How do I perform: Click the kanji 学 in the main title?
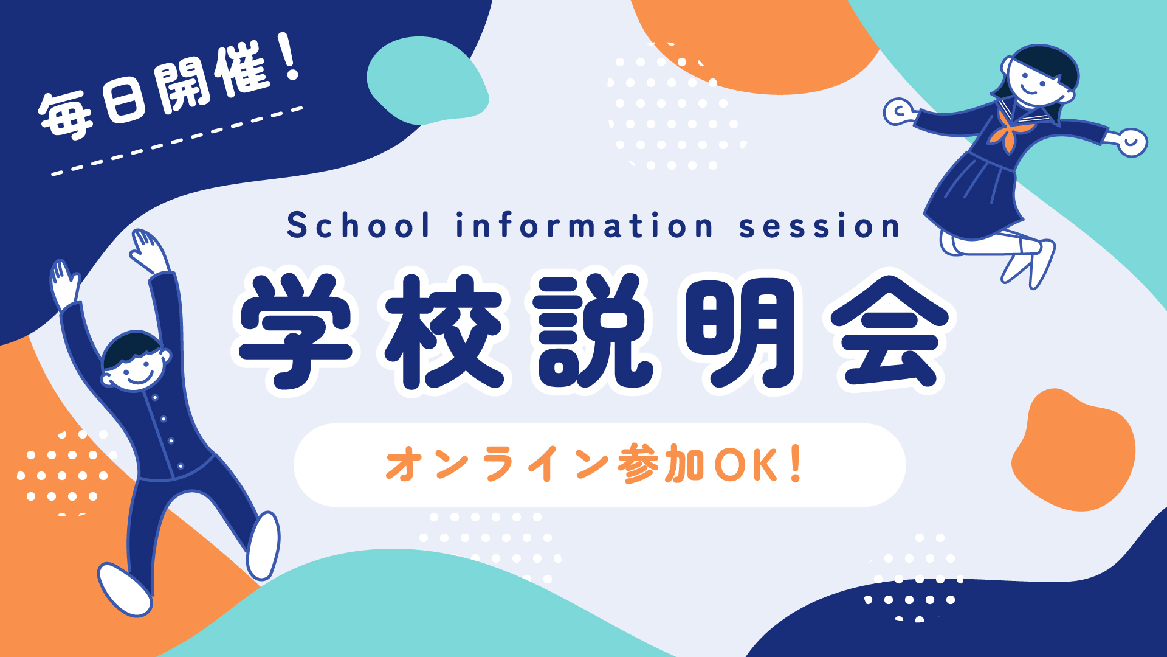(x=296, y=331)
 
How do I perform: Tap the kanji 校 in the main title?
(x=444, y=331)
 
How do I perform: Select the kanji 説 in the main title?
(x=593, y=331)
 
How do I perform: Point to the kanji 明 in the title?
(x=740, y=331)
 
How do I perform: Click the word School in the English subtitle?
(x=359, y=225)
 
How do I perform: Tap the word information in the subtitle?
(x=584, y=225)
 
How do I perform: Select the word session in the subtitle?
(x=819, y=226)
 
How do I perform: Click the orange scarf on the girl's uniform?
(x=1008, y=131)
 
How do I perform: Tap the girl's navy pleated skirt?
(x=976, y=195)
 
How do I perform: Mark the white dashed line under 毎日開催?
(x=177, y=141)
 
